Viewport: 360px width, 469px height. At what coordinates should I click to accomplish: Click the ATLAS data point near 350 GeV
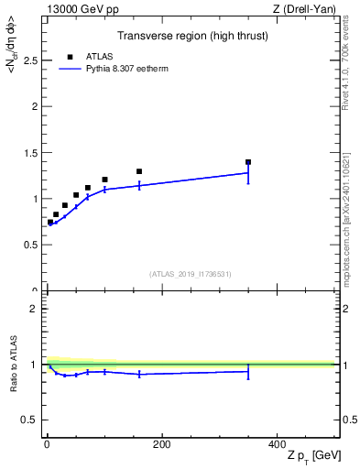[248, 162]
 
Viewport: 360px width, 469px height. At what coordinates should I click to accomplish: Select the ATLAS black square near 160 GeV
[139, 171]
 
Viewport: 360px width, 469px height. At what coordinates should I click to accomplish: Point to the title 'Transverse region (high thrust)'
[191, 36]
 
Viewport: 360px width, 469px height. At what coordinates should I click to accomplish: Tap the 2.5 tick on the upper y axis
[31, 60]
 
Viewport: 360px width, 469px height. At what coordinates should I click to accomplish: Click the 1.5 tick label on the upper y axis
[31, 152]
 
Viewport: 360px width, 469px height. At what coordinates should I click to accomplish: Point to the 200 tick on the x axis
[161, 444]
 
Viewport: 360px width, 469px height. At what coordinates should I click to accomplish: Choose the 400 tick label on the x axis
[277, 444]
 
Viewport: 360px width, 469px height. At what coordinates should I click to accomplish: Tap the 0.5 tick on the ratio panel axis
[31, 420]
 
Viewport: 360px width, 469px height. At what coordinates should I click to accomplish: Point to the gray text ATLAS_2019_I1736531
[191, 274]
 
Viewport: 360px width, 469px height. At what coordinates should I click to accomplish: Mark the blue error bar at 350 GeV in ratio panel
[248, 371]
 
